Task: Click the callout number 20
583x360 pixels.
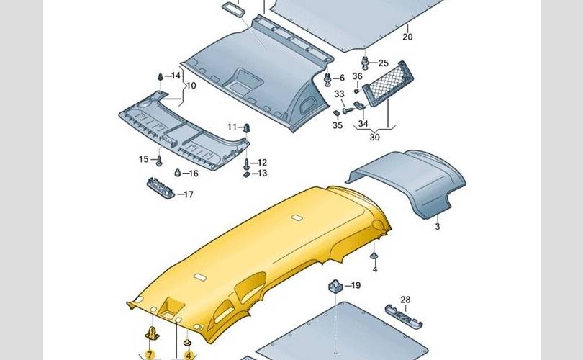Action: click(x=407, y=37)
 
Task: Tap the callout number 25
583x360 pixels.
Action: click(x=383, y=63)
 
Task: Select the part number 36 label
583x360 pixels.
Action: click(x=357, y=77)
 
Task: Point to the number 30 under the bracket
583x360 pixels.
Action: click(x=374, y=137)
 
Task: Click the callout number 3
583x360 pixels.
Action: click(x=437, y=226)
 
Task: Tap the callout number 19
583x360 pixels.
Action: click(x=355, y=286)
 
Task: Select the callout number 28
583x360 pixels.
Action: click(x=405, y=300)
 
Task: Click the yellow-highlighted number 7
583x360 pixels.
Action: click(x=150, y=354)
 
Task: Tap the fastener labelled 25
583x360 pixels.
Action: click(x=366, y=63)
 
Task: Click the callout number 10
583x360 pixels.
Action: click(x=191, y=86)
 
